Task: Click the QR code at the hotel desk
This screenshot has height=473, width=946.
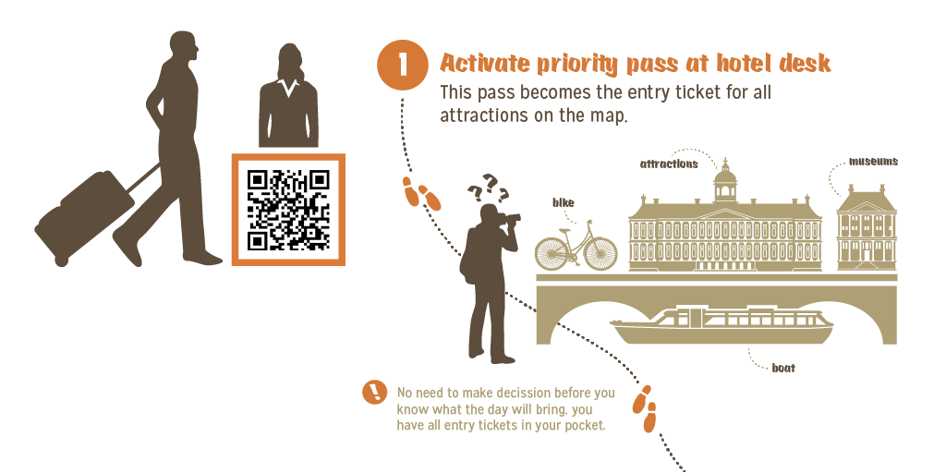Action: click(288, 210)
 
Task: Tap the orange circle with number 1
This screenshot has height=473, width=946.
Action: click(403, 66)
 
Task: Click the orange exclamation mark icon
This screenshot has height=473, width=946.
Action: click(375, 392)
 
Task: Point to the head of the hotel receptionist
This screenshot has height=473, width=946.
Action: click(289, 60)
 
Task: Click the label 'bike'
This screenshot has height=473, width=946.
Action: click(564, 202)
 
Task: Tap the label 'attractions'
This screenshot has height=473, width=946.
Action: click(669, 164)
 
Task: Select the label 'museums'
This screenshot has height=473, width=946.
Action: click(873, 162)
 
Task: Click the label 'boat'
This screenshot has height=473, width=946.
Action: click(783, 368)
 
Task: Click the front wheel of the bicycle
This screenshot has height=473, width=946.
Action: click(600, 253)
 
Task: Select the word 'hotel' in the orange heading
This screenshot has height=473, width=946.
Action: click(747, 63)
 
